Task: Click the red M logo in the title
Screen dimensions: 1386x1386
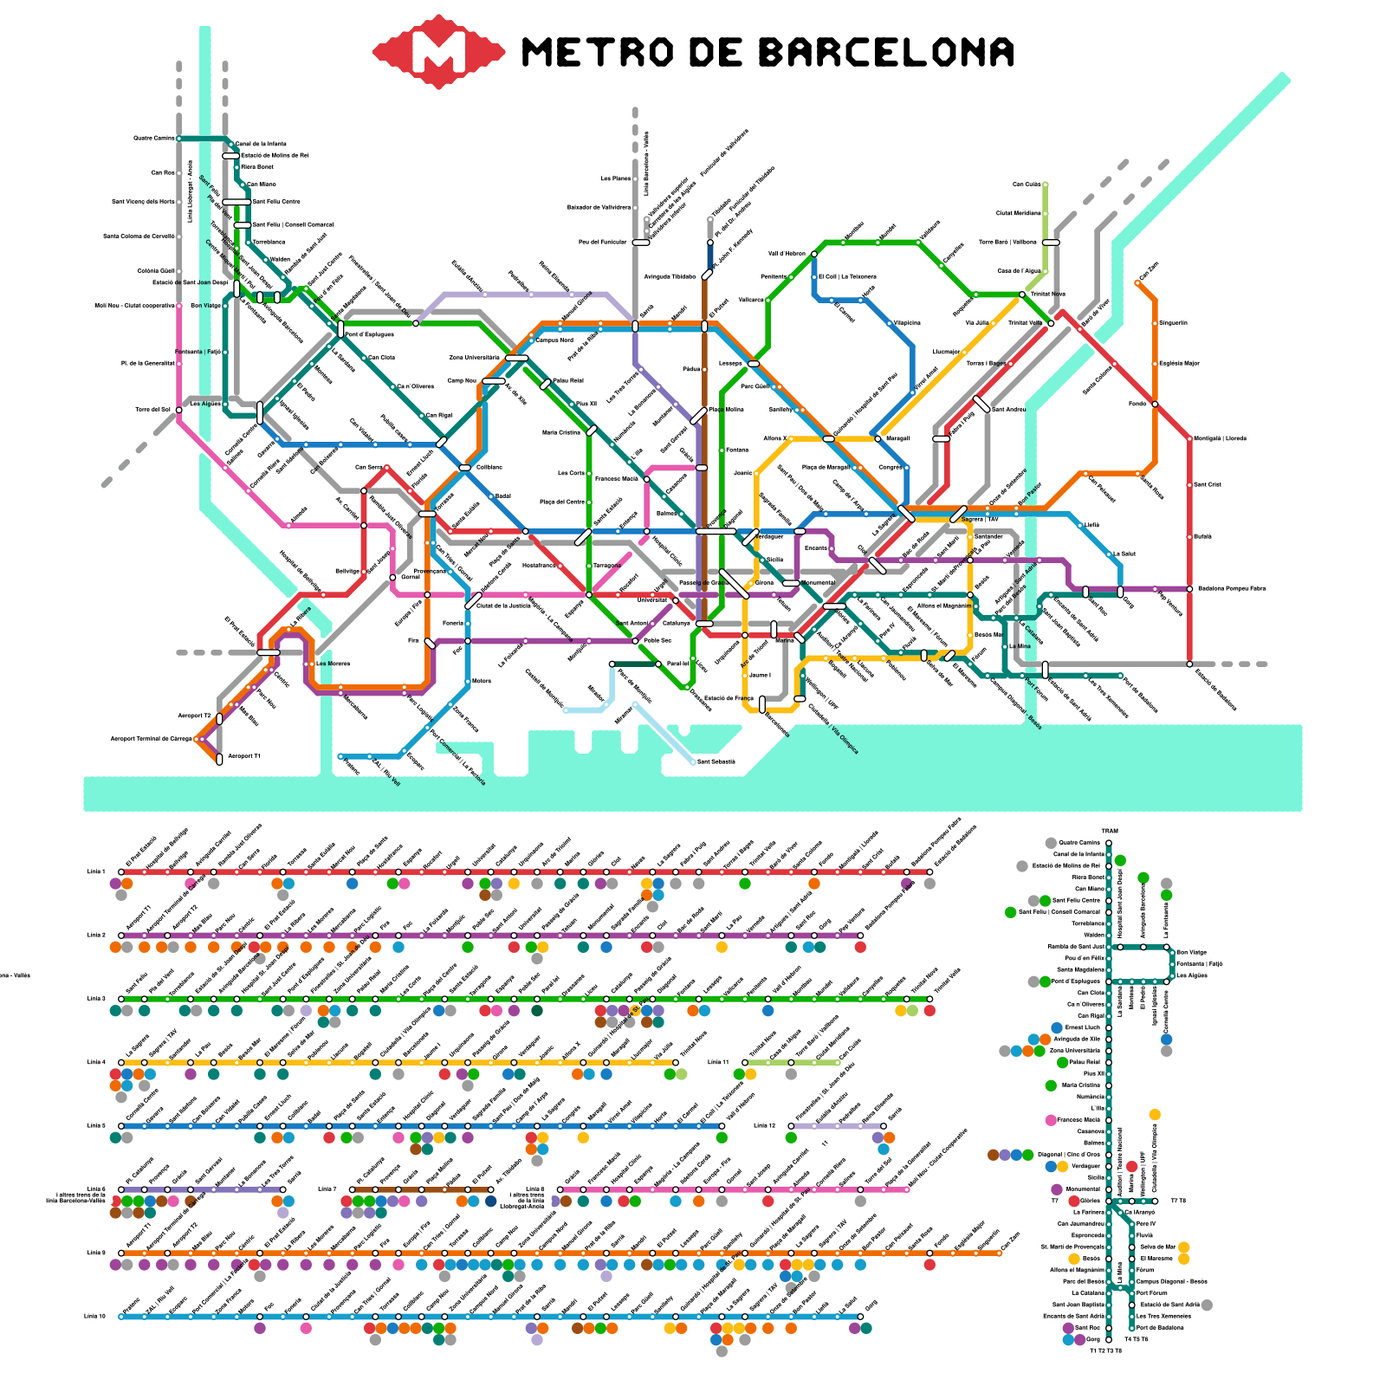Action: (x=438, y=51)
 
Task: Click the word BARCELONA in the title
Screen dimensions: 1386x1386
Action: (x=886, y=52)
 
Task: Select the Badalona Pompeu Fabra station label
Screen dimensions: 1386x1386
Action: (x=1231, y=588)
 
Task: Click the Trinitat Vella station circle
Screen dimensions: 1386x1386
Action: (x=1051, y=323)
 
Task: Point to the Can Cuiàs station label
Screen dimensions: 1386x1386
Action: (x=1027, y=184)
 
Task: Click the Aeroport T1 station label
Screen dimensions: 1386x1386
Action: (x=244, y=756)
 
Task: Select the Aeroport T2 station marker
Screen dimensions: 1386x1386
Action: (x=219, y=719)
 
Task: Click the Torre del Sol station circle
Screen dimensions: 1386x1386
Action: (x=178, y=410)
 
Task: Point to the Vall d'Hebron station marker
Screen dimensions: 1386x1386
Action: (x=814, y=254)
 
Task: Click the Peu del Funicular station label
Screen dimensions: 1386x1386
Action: (x=602, y=242)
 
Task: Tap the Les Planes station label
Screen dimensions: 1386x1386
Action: (x=616, y=178)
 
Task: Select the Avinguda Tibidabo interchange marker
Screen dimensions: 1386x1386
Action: (x=707, y=275)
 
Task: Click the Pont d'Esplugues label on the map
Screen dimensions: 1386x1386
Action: (x=371, y=334)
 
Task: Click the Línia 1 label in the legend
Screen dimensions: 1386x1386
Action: (x=96, y=871)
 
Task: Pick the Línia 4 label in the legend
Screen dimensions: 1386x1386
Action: (x=96, y=1062)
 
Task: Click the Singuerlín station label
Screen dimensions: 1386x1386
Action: (x=1174, y=323)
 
